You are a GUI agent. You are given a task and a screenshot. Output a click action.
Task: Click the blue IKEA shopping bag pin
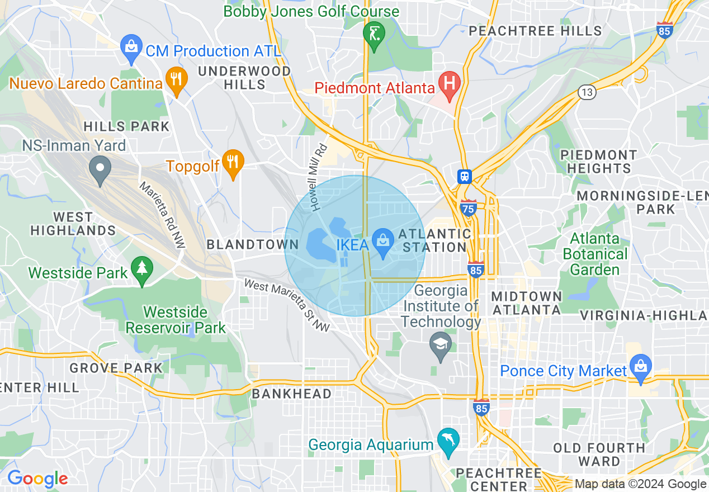[x=383, y=242]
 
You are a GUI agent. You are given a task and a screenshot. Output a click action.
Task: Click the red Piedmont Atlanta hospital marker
[x=449, y=84]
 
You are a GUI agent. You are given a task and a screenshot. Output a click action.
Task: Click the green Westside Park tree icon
[x=142, y=270]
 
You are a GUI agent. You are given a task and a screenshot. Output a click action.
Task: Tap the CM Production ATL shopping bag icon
[x=131, y=49]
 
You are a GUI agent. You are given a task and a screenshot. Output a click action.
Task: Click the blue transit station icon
[x=465, y=177]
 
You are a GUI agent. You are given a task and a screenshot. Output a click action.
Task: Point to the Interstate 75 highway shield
[x=469, y=207]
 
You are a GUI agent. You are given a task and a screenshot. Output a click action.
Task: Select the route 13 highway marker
[x=587, y=92]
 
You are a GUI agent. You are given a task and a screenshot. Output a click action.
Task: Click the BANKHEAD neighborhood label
[x=291, y=394]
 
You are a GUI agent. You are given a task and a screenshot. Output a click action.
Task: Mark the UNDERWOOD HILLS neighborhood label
[x=245, y=78]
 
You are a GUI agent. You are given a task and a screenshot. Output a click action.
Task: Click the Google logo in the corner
[x=37, y=479]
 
